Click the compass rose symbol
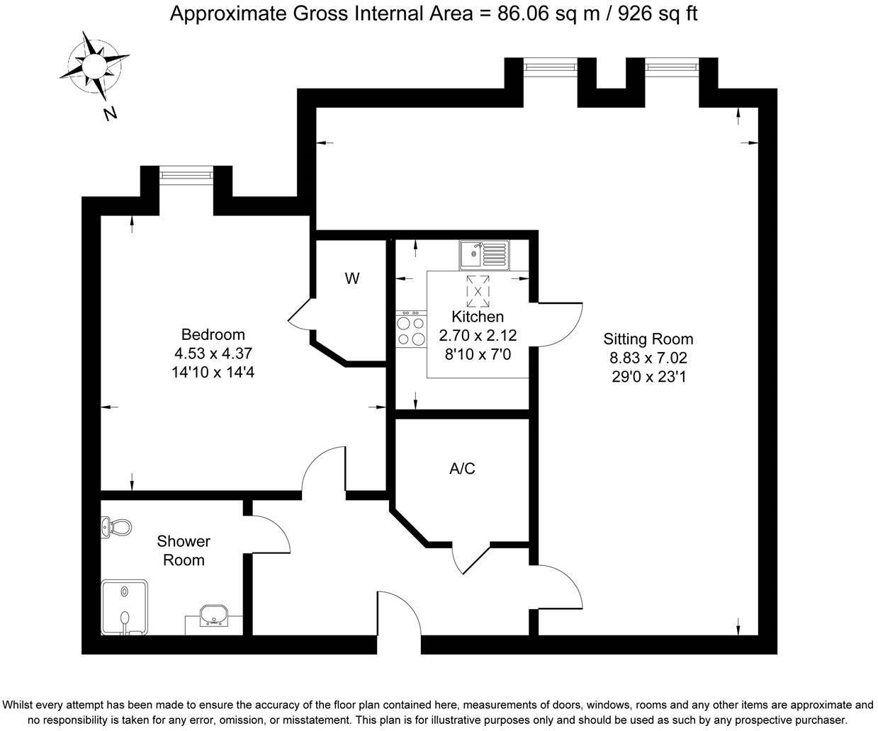(x=94, y=65)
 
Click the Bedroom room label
(x=213, y=334)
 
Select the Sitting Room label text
(x=648, y=339)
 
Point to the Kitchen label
(x=478, y=317)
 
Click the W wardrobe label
(x=352, y=278)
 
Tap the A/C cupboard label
(x=462, y=468)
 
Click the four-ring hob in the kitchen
(x=411, y=330)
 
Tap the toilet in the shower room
(x=118, y=527)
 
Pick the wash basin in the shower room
(x=213, y=615)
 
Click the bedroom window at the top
(x=186, y=174)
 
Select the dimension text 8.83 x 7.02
(x=648, y=358)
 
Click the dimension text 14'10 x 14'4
(x=213, y=372)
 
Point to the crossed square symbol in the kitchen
(x=478, y=290)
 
